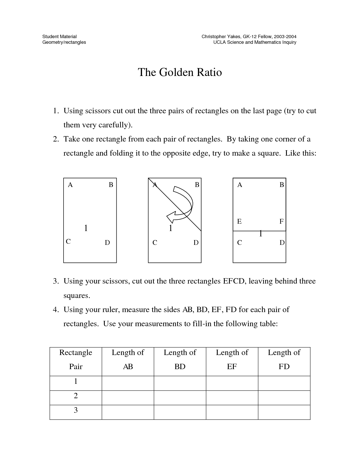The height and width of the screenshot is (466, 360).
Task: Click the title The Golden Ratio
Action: pos(180,72)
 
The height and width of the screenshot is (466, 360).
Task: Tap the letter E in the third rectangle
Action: pos(239,222)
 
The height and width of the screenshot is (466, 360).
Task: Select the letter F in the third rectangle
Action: pos(281,222)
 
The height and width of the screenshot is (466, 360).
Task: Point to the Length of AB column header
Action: pos(128,359)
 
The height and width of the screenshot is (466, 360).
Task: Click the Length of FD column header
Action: pos(284,359)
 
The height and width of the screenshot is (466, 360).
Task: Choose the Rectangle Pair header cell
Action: pos(76,359)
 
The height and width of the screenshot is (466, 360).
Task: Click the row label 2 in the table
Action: pos(76,396)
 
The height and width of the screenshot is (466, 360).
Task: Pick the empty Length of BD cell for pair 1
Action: pos(180,383)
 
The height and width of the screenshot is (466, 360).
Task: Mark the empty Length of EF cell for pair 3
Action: pos(232,412)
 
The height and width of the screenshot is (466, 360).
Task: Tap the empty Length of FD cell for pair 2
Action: pos(284,398)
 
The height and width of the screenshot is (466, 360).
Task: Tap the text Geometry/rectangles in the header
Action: pos(64,42)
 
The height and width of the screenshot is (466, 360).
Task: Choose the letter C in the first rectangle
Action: pos(68,242)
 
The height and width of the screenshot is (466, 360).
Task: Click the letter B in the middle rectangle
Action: pos(197,185)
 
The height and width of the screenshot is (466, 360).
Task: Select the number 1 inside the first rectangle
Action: pos(86,228)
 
